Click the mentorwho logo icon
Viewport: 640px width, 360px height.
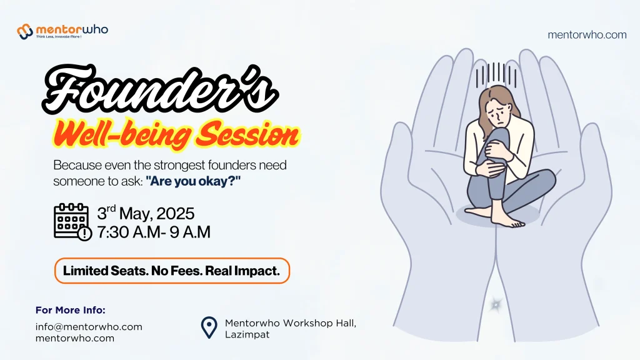[25, 31]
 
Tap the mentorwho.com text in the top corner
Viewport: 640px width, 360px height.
[587, 35]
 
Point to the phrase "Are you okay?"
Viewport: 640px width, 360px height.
[193, 181]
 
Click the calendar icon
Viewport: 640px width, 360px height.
[72, 222]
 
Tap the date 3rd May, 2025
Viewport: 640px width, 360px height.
[146, 213]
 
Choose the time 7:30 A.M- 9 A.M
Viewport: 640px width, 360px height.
[154, 232]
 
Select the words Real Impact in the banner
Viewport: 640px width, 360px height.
[242, 271]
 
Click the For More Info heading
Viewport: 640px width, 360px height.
[71, 310]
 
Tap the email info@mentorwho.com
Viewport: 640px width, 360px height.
[89, 327]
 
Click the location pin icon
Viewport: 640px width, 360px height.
[209, 327]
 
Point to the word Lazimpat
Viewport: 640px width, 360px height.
[247, 335]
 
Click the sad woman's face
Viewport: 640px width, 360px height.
[501, 114]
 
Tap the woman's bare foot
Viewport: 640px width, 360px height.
[507, 221]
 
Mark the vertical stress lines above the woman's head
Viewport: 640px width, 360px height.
[496, 75]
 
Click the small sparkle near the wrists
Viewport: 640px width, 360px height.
[496, 304]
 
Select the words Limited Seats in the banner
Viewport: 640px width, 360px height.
[106, 271]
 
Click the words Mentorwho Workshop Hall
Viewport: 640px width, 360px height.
[291, 323]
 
